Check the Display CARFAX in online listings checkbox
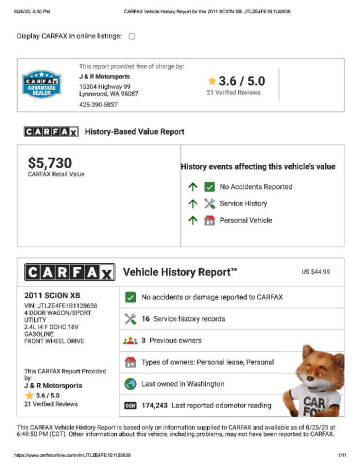tap(132, 37)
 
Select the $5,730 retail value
tap(50, 162)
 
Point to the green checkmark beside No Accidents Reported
tap(209, 186)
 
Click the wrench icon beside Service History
tap(209, 203)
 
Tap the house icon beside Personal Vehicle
tap(209, 220)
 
